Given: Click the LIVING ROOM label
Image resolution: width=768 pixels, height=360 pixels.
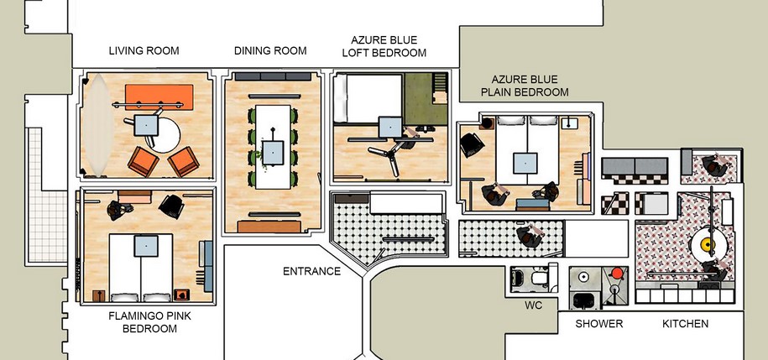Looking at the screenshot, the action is coord(144,51).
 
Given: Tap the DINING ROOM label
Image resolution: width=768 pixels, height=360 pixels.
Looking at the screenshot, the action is coord(270,51).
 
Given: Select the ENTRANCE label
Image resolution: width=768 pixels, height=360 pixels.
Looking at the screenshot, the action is coord(311,271).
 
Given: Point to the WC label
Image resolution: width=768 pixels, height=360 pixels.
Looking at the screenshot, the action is coord(533,305).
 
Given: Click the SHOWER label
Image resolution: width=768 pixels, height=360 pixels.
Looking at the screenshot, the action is coord(599,324).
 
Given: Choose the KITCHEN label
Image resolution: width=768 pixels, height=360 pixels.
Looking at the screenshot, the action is coord(685,324).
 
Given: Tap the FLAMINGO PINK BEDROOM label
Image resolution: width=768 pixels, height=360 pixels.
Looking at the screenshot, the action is coord(150,322).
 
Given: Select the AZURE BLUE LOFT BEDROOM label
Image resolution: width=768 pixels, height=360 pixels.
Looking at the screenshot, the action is coord(384,46).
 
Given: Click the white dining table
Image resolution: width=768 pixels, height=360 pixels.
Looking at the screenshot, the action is coord(274,147).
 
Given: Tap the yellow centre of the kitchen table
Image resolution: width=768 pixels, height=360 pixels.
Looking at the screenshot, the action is coord(708,244).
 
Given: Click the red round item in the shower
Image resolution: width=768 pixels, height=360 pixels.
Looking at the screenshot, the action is coord(618,272).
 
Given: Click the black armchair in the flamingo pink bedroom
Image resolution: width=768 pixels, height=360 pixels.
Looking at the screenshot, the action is coord(171,206).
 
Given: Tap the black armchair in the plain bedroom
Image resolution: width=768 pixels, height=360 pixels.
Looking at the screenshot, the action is coord(472,145).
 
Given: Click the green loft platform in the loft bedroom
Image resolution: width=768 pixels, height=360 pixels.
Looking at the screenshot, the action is coord(426,99).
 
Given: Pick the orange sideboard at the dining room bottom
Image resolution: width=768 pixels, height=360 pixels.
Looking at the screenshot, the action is coord(269,227).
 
